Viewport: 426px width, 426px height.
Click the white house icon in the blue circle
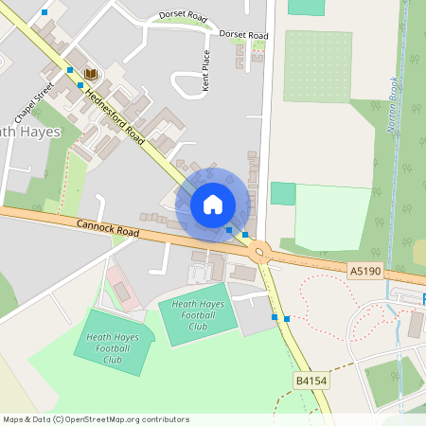tap(213, 203)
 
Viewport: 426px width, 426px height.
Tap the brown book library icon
tap(91, 74)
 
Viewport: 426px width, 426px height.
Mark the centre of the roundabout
tap(261, 253)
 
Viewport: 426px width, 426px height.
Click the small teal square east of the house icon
tap(282, 193)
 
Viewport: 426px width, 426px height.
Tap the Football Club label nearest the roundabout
tap(197, 315)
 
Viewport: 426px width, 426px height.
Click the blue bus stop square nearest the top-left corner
tap(44, 11)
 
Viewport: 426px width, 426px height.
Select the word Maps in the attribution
tap(14, 419)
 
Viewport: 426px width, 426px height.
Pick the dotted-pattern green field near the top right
tap(317, 65)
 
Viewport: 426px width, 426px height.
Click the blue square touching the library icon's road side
tap(80, 85)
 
